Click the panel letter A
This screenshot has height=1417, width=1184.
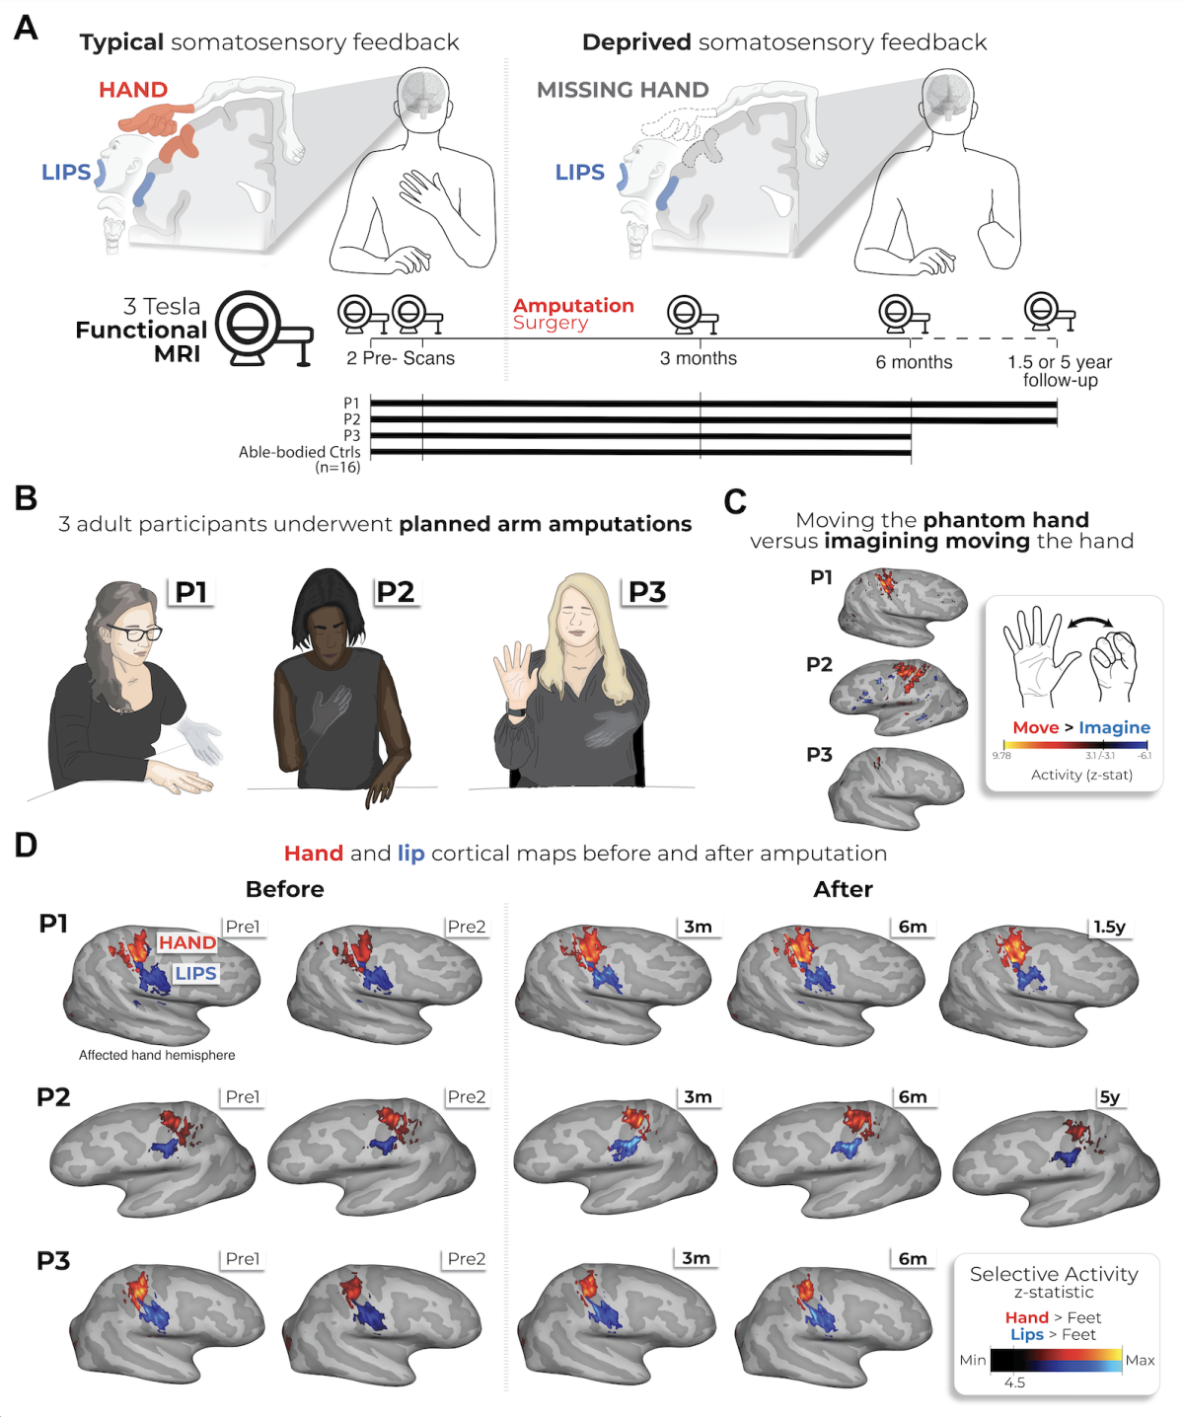coord(26,28)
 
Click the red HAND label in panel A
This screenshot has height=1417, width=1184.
coord(133,90)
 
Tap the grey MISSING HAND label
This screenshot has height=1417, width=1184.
coord(623,90)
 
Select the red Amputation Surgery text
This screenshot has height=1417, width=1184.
coord(572,314)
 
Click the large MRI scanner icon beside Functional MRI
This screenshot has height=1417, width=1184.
coord(261,329)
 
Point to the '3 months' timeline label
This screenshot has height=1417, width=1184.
coord(699,358)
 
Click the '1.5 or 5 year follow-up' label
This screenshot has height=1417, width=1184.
coord(1060,371)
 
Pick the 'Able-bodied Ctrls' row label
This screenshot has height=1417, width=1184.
coord(299,452)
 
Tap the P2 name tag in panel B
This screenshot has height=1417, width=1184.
coord(396,592)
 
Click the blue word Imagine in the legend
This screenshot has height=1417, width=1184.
coord(1114,727)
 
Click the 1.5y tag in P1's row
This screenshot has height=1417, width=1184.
coord(1109,927)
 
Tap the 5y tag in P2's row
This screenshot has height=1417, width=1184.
coord(1110,1097)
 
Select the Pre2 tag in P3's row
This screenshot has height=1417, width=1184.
coord(467,1259)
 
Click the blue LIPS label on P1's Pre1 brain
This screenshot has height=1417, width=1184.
coord(195,973)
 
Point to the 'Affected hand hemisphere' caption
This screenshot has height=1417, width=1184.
coord(157,1055)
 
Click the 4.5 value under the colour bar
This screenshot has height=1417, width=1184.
coord(1014,1382)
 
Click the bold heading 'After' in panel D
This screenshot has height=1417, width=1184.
coord(843,889)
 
